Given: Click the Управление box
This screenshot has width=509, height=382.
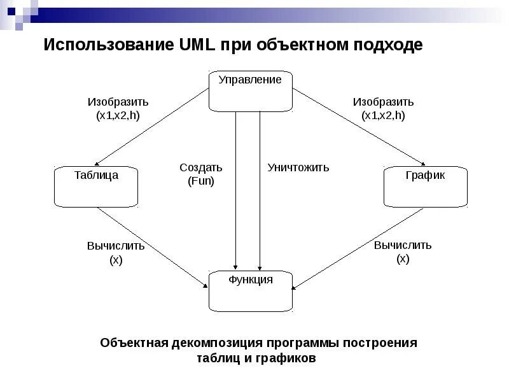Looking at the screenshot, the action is point(251,91).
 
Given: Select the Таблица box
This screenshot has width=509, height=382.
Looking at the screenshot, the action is point(96,187).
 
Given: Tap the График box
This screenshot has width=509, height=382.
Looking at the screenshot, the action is point(425,187).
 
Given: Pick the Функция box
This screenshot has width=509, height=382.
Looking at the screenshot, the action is point(251,290).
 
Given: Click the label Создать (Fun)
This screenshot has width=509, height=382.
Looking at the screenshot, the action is point(201,174).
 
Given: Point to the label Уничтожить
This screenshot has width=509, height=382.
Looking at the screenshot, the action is point(298,167).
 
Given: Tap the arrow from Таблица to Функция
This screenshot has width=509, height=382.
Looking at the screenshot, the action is point(153,247).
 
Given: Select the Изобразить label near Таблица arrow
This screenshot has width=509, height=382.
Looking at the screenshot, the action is point(118,102).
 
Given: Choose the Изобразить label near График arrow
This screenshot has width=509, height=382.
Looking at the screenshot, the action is point(383,102).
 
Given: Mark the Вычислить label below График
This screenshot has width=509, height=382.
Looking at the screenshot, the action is point(403,245).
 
